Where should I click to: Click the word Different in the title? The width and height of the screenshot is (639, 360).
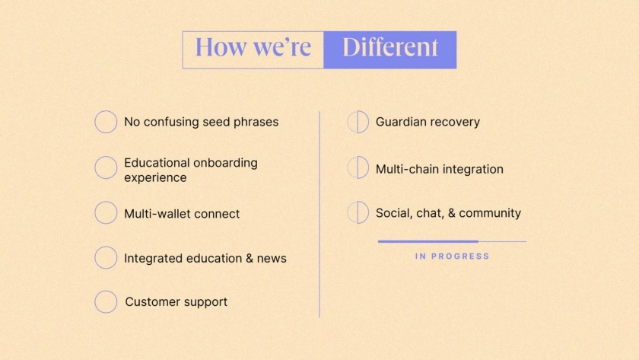[x=390, y=47]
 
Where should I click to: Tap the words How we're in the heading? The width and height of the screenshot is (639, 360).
[x=253, y=47]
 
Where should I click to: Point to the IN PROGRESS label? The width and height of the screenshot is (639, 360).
[x=452, y=256]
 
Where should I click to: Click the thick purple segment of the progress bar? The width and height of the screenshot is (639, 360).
[x=428, y=241]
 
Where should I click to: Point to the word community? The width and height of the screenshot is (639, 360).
[x=490, y=213]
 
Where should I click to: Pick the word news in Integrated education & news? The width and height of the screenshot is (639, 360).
[x=272, y=259]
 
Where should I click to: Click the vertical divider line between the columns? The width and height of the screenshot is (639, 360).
[x=319, y=214]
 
